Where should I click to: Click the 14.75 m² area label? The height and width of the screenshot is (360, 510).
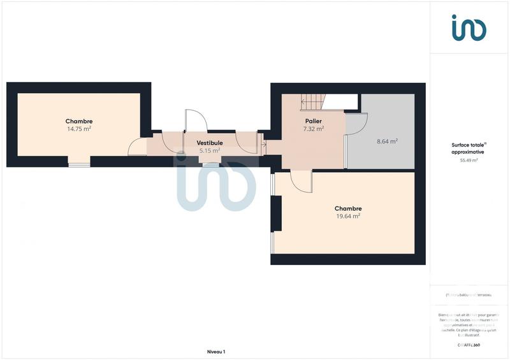click(x=79, y=129)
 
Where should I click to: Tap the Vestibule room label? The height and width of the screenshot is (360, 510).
click(x=209, y=143)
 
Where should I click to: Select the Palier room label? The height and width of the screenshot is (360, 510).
click(x=313, y=121)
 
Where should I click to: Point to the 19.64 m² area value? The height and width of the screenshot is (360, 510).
click(x=348, y=216)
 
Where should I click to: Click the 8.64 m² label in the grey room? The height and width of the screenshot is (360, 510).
click(x=387, y=141)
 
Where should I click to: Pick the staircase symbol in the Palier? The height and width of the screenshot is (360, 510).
click(x=313, y=101)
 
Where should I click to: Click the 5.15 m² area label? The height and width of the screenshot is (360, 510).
click(x=209, y=151)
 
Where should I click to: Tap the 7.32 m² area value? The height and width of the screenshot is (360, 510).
click(x=313, y=129)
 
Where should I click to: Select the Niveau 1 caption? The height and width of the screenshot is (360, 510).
click(x=216, y=351)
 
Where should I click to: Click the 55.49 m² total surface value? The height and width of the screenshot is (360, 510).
click(x=468, y=161)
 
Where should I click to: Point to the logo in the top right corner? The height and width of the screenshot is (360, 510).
click(x=469, y=27)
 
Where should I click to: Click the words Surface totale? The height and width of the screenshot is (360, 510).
click(x=468, y=145)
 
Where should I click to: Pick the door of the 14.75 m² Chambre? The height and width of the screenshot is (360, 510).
click(x=138, y=147)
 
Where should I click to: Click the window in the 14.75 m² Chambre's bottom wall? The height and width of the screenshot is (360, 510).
click(x=79, y=165)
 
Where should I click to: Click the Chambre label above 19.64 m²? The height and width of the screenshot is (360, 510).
click(x=348, y=208)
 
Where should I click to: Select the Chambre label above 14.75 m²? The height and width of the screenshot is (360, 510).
click(x=79, y=121)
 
